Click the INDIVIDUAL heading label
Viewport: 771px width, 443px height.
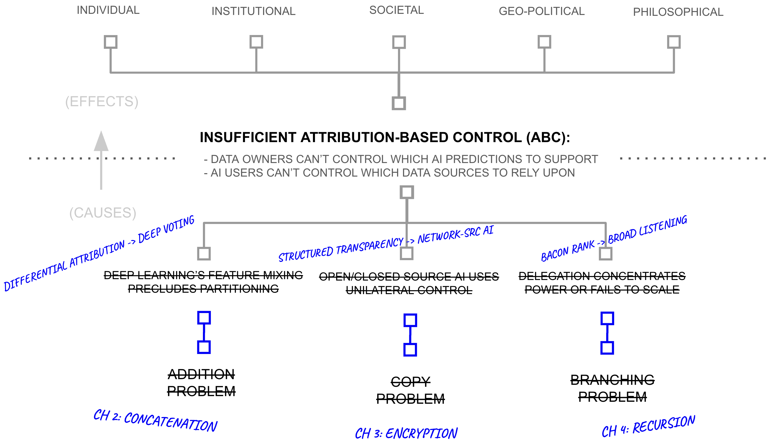click(x=108, y=10)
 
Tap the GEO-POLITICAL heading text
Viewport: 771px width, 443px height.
click(x=541, y=11)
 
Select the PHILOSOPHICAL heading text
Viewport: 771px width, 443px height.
click(x=678, y=12)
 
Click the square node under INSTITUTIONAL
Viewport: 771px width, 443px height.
click(x=256, y=42)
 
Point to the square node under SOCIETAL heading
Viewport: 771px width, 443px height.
click(x=399, y=42)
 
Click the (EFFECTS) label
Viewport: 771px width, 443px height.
click(x=102, y=101)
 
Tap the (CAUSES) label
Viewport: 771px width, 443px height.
click(x=103, y=213)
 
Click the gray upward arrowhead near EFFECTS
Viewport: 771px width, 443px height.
click(x=101, y=142)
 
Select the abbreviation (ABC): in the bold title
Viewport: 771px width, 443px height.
click(x=548, y=138)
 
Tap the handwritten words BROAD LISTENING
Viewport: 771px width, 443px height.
click(x=647, y=229)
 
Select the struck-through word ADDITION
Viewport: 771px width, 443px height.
click(x=201, y=374)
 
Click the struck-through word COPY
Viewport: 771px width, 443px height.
click(x=410, y=382)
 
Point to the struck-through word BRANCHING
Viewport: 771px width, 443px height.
click(x=612, y=380)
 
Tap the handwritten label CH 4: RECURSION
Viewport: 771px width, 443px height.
click(x=648, y=426)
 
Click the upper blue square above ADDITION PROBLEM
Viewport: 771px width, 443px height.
click(x=204, y=318)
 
